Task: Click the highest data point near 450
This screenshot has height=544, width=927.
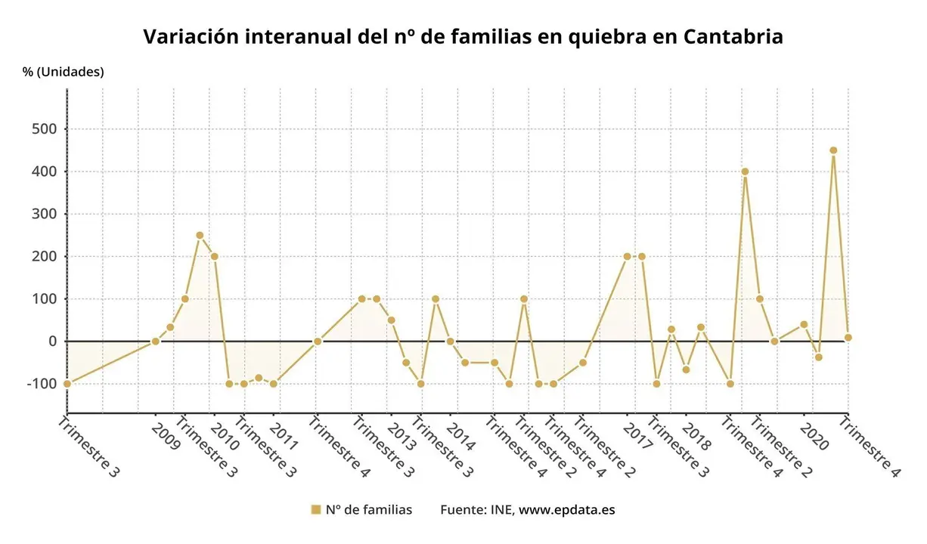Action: (833, 150)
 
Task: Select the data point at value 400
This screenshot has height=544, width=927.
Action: (745, 172)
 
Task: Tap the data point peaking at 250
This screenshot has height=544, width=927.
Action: (200, 235)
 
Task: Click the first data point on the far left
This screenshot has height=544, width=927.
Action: (67, 384)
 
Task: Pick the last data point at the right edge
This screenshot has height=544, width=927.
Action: (848, 338)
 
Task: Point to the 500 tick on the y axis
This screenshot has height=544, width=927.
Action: (44, 129)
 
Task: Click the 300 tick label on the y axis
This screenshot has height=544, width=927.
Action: (44, 214)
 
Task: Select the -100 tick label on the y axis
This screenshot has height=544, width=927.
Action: (41, 384)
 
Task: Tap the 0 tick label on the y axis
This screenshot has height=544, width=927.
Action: (52, 342)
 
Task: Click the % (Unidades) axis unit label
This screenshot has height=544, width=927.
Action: (64, 72)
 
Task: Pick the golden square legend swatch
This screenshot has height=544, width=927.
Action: (316, 510)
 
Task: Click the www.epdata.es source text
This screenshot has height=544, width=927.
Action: (566, 510)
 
